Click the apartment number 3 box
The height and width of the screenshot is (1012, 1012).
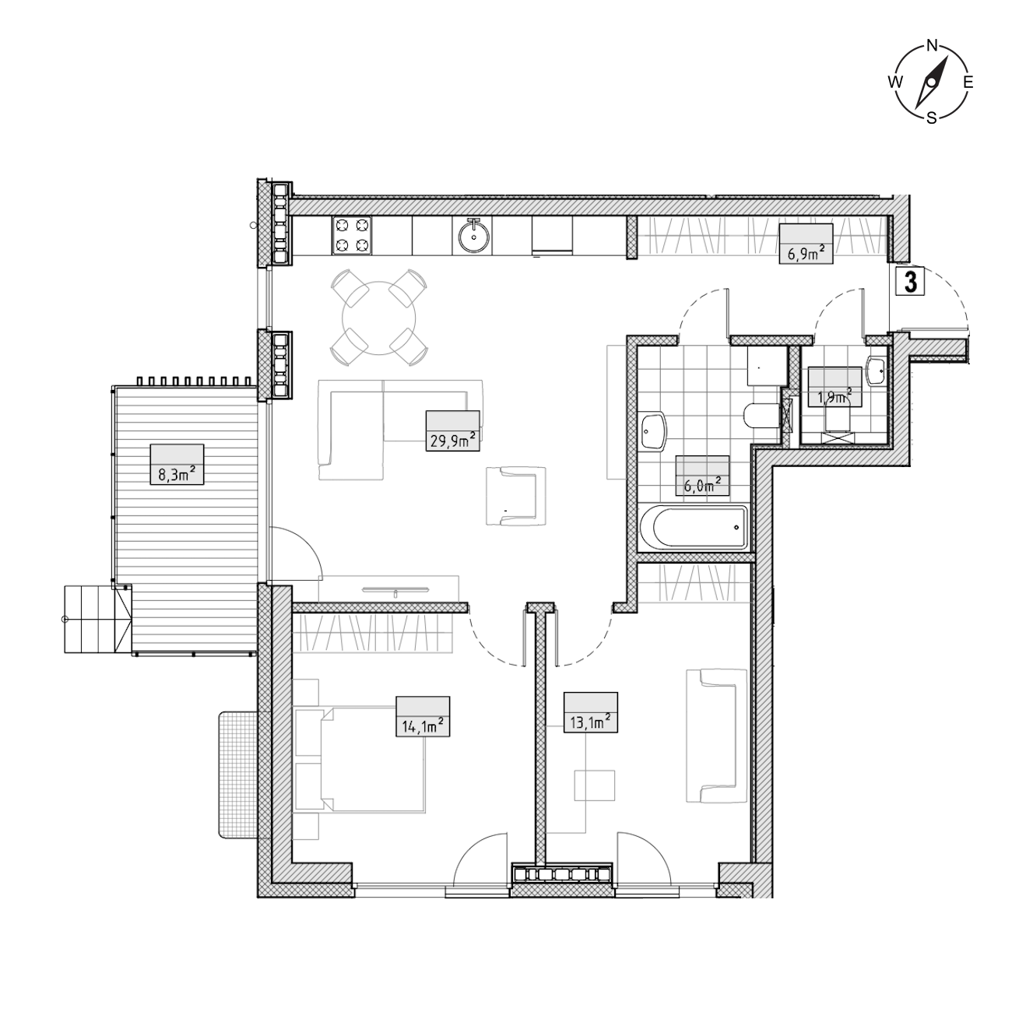pyautogui.click(x=911, y=282)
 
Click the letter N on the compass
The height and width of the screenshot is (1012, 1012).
pyautogui.click(x=932, y=46)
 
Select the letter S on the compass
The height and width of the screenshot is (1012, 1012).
pyautogui.click(x=931, y=118)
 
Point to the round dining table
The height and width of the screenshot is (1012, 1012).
pyautogui.click(x=378, y=318)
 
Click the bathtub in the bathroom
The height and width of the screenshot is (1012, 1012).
pyautogui.click(x=694, y=529)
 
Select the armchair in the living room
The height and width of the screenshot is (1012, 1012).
pyautogui.click(x=516, y=496)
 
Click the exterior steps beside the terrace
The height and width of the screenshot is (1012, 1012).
pyautogui.click(x=97, y=620)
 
